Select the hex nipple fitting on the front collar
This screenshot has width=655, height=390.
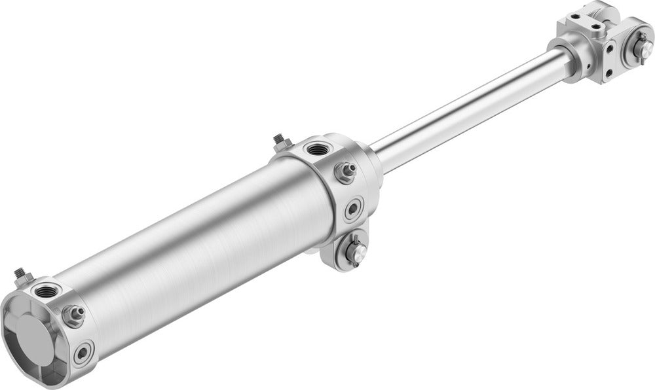(x=345, y=172)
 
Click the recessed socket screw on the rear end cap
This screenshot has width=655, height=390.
(x=83, y=353)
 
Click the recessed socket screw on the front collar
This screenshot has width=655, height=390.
(x=354, y=209)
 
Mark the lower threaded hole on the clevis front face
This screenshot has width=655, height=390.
(x=610, y=73)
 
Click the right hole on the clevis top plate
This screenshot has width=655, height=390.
(x=595, y=26)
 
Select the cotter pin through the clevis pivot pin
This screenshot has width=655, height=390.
(x=643, y=38)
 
